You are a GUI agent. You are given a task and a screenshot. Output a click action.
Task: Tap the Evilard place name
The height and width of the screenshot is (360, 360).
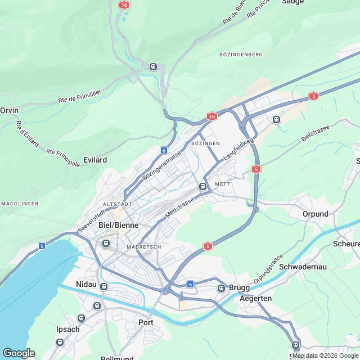coord(94,160)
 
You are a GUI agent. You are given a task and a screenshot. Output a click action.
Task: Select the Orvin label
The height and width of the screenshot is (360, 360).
coord(10,111)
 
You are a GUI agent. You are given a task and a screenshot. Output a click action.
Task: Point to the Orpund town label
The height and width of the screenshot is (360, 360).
coord(315,214)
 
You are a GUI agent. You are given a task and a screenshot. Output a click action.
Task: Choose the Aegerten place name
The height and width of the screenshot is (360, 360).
coord(255,298)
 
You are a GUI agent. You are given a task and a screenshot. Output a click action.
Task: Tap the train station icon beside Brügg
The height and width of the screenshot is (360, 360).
coord(222,289)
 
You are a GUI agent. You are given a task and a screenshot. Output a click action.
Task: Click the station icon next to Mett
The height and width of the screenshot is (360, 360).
coord(202,186)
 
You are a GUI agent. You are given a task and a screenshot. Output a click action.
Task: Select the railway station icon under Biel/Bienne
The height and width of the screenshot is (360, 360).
coord(105,243)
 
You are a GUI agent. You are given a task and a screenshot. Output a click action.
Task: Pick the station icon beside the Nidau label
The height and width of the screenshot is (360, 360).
coord(103,287)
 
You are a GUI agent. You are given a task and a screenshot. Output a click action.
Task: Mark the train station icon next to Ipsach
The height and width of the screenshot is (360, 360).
coord(59,342)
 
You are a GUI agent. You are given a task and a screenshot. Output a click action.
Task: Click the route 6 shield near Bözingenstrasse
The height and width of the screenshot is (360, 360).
coord(163,150)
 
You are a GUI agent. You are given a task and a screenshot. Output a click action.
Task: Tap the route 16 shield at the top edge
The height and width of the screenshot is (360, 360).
coord(124,4)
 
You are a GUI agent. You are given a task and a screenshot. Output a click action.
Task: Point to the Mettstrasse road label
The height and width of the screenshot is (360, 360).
coord(179,208)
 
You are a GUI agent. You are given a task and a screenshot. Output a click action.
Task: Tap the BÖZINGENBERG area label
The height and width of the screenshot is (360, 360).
coord(241,55)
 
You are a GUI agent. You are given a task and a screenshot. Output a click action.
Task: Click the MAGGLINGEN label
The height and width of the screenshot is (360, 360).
coord(19,203)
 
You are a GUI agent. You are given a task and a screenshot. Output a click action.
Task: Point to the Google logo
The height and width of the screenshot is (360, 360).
coord(19,353)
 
